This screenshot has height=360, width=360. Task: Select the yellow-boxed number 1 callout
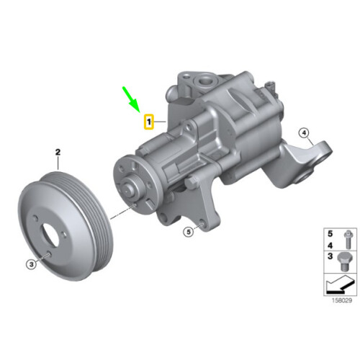click(x=148, y=123)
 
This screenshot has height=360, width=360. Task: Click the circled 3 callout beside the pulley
click(x=32, y=265)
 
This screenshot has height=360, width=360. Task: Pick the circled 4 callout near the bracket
click(x=303, y=132)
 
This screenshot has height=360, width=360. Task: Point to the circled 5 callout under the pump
click(x=189, y=232)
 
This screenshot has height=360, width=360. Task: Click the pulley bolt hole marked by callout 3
click(x=47, y=256)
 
